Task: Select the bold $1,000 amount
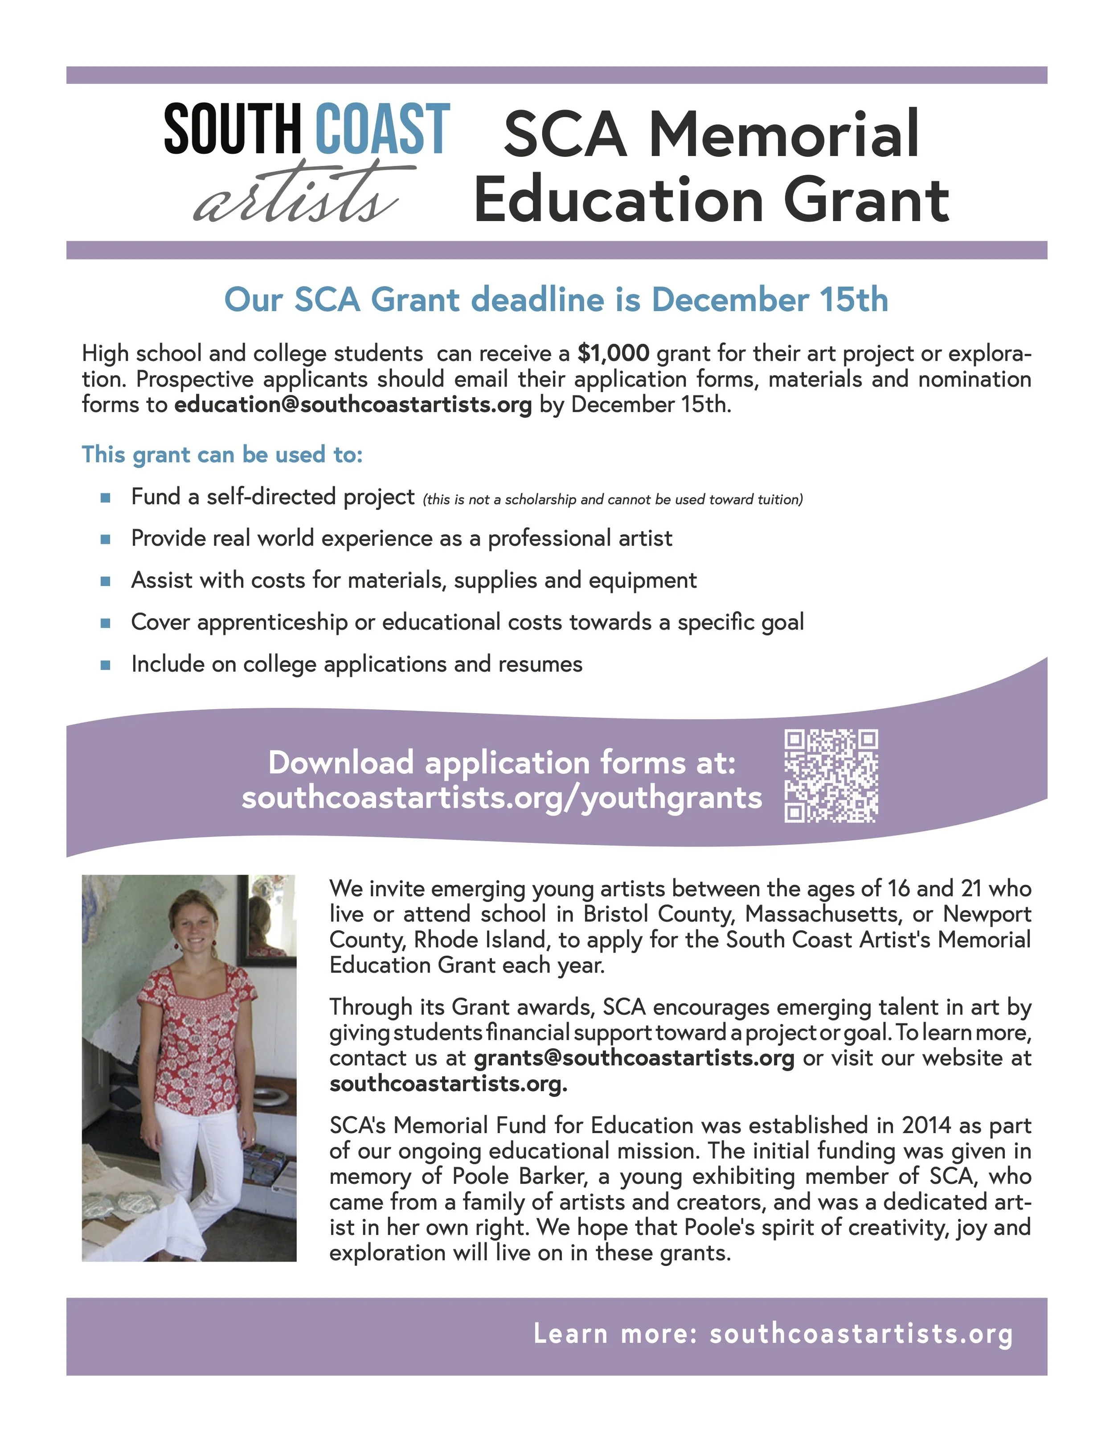(x=613, y=353)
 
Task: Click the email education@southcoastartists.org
(x=352, y=404)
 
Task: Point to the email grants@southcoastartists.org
(x=634, y=1058)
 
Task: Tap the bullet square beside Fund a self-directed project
(x=105, y=498)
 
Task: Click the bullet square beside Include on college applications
(x=105, y=665)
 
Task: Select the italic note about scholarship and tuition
(x=612, y=500)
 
